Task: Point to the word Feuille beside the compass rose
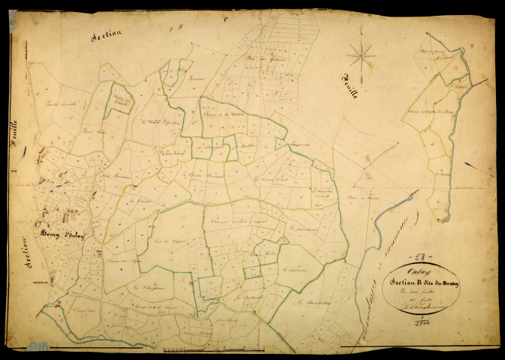349,87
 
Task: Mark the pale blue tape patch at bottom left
38,346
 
